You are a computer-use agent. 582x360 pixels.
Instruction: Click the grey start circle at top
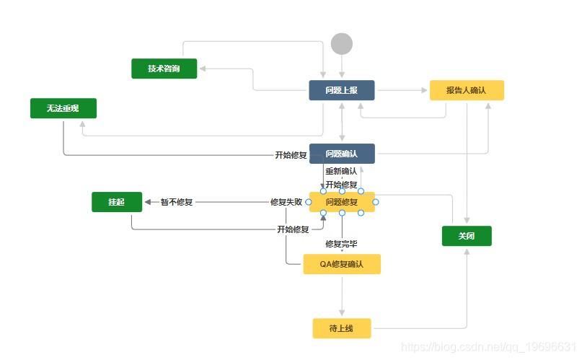342,44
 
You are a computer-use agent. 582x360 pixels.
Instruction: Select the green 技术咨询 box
164,69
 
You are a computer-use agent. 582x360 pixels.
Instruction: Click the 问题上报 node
342,90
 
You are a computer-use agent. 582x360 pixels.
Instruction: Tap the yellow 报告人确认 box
467,90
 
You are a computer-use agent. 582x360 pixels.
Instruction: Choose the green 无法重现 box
63,108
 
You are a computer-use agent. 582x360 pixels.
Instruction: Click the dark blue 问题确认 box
342,154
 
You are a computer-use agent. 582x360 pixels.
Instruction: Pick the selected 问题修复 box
342,202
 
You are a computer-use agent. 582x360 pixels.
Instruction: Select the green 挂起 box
117,202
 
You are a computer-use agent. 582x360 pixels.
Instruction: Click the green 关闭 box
467,236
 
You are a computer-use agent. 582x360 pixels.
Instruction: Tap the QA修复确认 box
342,264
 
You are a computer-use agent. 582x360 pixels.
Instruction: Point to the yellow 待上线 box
342,328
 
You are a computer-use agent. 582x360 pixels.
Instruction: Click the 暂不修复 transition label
177,202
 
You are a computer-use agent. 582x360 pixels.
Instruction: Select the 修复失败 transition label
286,202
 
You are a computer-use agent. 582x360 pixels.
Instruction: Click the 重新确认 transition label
341,172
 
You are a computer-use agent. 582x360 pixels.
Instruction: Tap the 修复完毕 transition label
342,244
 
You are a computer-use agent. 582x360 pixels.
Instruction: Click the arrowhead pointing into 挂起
147,202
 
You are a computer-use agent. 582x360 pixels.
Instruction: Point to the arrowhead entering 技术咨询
203,69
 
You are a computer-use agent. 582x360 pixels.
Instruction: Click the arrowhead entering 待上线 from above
342,315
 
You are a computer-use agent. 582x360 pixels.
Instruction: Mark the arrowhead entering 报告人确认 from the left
426,90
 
